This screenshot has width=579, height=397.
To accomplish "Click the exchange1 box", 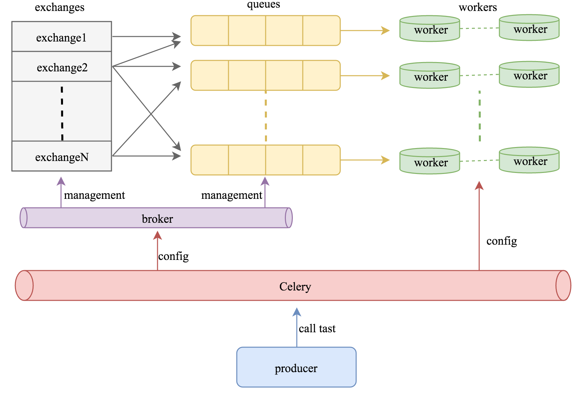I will (x=62, y=37).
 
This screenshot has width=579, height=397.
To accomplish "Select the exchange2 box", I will (x=62, y=67).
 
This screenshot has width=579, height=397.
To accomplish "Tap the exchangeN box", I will (x=62, y=156).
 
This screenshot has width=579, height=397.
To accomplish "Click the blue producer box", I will (x=296, y=367).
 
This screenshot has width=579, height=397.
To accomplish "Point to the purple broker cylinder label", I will (x=157, y=219).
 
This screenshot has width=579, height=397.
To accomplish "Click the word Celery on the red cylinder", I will (x=295, y=286).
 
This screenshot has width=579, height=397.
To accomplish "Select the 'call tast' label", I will (x=317, y=328).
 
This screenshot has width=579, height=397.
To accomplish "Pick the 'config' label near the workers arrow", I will (x=501, y=241).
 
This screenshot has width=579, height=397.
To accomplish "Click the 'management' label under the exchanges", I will (x=95, y=195).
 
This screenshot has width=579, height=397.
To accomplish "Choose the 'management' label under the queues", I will (x=231, y=195).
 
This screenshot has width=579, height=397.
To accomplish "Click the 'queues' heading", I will (x=263, y=4).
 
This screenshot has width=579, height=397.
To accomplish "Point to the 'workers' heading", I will (x=478, y=7).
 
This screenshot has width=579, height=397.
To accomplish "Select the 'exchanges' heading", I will (x=60, y=7).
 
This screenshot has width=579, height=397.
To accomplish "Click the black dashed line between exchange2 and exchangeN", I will (x=62, y=113).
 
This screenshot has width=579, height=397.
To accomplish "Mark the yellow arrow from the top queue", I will (x=365, y=31).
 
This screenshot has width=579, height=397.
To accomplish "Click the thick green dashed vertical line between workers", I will (x=480, y=116).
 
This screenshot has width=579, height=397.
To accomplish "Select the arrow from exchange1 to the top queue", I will (x=146, y=37).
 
